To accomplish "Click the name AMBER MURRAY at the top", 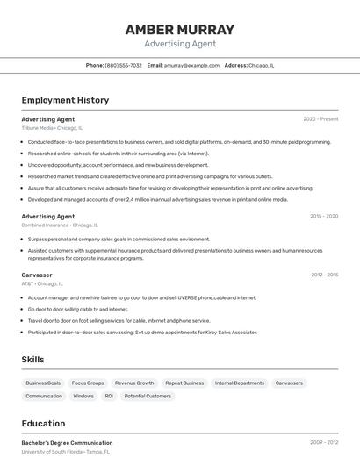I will (x=180, y=30).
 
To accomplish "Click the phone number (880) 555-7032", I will (x=123, y=65).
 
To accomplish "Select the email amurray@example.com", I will (x=191, y=65).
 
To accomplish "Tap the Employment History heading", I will (x=65, y=100).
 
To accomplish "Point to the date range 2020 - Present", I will (x=320, y=119).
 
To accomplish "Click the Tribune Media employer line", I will (x=53, y=128).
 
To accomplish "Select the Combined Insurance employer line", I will (x=59, y=225).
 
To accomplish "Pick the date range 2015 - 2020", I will (x=323, y=216).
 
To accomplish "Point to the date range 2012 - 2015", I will (x=324, y=275).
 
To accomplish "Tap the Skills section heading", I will (x=33, y=360).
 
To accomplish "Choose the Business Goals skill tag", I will (x=43, y=383).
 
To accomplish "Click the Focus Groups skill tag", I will (x=88, y=383).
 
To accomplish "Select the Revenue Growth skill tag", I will (x=134, y=383).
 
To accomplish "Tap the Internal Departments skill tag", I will (x=239, y=383).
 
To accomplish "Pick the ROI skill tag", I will (x=109, y=397).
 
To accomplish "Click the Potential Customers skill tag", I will (x=148, y=397).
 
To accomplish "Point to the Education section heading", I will (x=43, y=424).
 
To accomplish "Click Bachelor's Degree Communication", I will (x=67, y=443).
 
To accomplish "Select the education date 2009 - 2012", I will (x=324, y=443).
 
